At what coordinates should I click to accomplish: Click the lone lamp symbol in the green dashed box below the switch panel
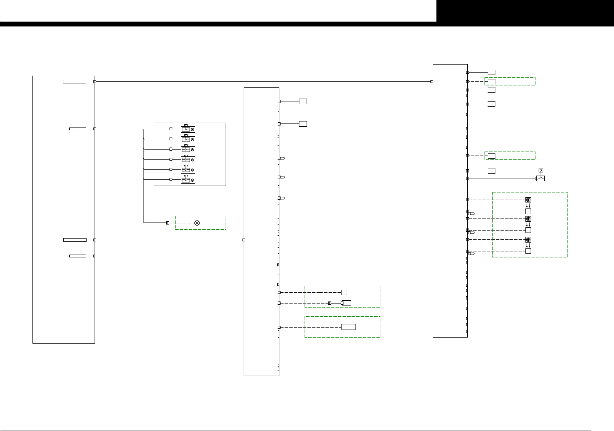(x=197, y=223)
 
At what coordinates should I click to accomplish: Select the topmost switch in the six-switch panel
(x=188, y=129)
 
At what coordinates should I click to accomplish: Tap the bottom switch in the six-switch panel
(x=188, y=180)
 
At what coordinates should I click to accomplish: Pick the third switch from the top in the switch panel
(x=188, y=150)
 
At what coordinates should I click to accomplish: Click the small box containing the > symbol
(x=541, y=170)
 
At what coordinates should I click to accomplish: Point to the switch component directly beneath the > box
(x=541, y=178)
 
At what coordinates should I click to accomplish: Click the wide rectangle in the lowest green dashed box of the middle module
(x=349, y=327)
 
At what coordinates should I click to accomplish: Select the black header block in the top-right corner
(x=525, y=11)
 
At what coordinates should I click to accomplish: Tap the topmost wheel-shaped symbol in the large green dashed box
(x=528, y=200)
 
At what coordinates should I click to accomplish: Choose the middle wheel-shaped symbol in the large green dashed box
(x=528, y=219)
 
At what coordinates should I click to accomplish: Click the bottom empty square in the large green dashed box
(x=528, y=251)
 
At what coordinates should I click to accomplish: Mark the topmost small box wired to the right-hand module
(x=491, y=72)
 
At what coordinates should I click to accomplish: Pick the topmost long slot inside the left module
(x=75, y=81)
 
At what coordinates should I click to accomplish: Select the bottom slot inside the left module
(x=78, y=256)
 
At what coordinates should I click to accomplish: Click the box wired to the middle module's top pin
(x=303, y=101)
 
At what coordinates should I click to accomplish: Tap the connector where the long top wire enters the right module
(x=432, y=81)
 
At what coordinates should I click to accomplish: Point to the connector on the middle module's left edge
(x=244, y=240)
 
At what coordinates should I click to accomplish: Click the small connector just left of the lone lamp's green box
(x=168, y=223)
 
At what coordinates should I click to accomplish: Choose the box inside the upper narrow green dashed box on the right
(x=491, y=81)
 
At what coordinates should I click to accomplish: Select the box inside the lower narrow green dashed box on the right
(x=491, y=156)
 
